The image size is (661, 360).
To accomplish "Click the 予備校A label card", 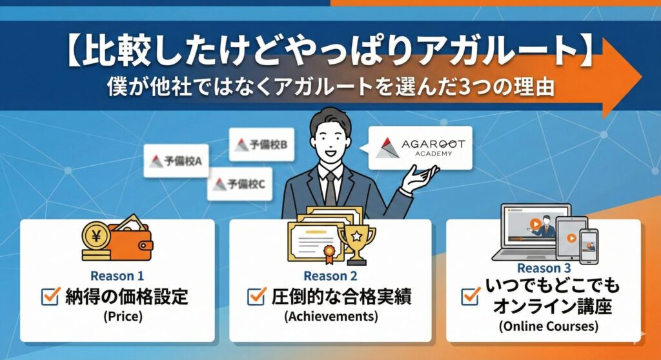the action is tap(176, 161).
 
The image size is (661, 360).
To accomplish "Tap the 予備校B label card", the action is tap(261, 145).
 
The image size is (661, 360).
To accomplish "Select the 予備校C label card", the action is tap(239, 185).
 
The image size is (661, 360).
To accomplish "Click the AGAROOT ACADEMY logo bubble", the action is tap(420, 148).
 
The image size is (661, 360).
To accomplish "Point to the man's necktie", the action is tap(331, 189).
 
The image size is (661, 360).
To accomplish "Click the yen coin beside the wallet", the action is tap(96, 237).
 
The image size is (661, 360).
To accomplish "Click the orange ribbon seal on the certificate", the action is tap(329, 254).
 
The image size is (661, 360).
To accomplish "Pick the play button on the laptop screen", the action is tap(535, 225).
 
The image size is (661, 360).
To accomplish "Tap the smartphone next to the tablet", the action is tap(589, 246).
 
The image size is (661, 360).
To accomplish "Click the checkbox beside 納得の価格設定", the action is tap(50, 296).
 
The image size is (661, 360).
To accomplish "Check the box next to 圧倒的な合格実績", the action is tap(256, 296).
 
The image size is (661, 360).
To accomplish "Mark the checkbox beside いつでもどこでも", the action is tap(471, 296).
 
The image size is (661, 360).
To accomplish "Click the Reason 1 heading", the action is tap(117, 276).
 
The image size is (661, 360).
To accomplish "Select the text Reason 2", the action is tap(330, 276).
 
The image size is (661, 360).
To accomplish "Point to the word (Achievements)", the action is tap(331, 316).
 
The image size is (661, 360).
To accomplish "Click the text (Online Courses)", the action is tap(549, 326).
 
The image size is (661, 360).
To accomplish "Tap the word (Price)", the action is tap(123, 316).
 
